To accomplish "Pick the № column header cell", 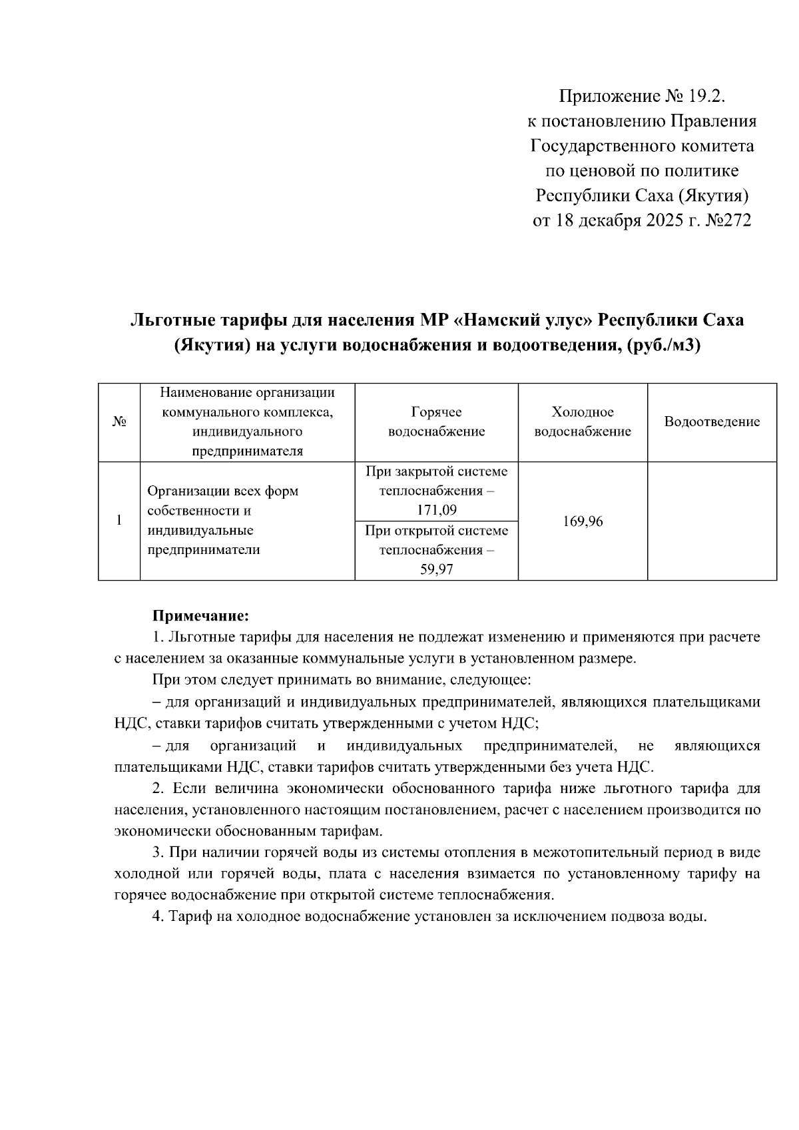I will pos(119,422).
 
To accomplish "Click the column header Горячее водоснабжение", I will pos(436,422).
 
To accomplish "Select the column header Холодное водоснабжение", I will pos(583,422).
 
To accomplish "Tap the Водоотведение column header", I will pos(712,422).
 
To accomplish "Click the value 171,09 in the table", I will pos(436,511).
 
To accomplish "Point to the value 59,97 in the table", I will pos(436,570).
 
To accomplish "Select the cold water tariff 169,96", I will pos(583,521).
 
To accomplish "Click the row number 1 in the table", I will pos(119,521).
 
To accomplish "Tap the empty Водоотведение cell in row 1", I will pos(712,521).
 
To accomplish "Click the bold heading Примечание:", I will pos(200,614).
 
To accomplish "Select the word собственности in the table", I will pos(190,511).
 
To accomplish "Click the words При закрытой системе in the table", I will pos(436,471).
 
